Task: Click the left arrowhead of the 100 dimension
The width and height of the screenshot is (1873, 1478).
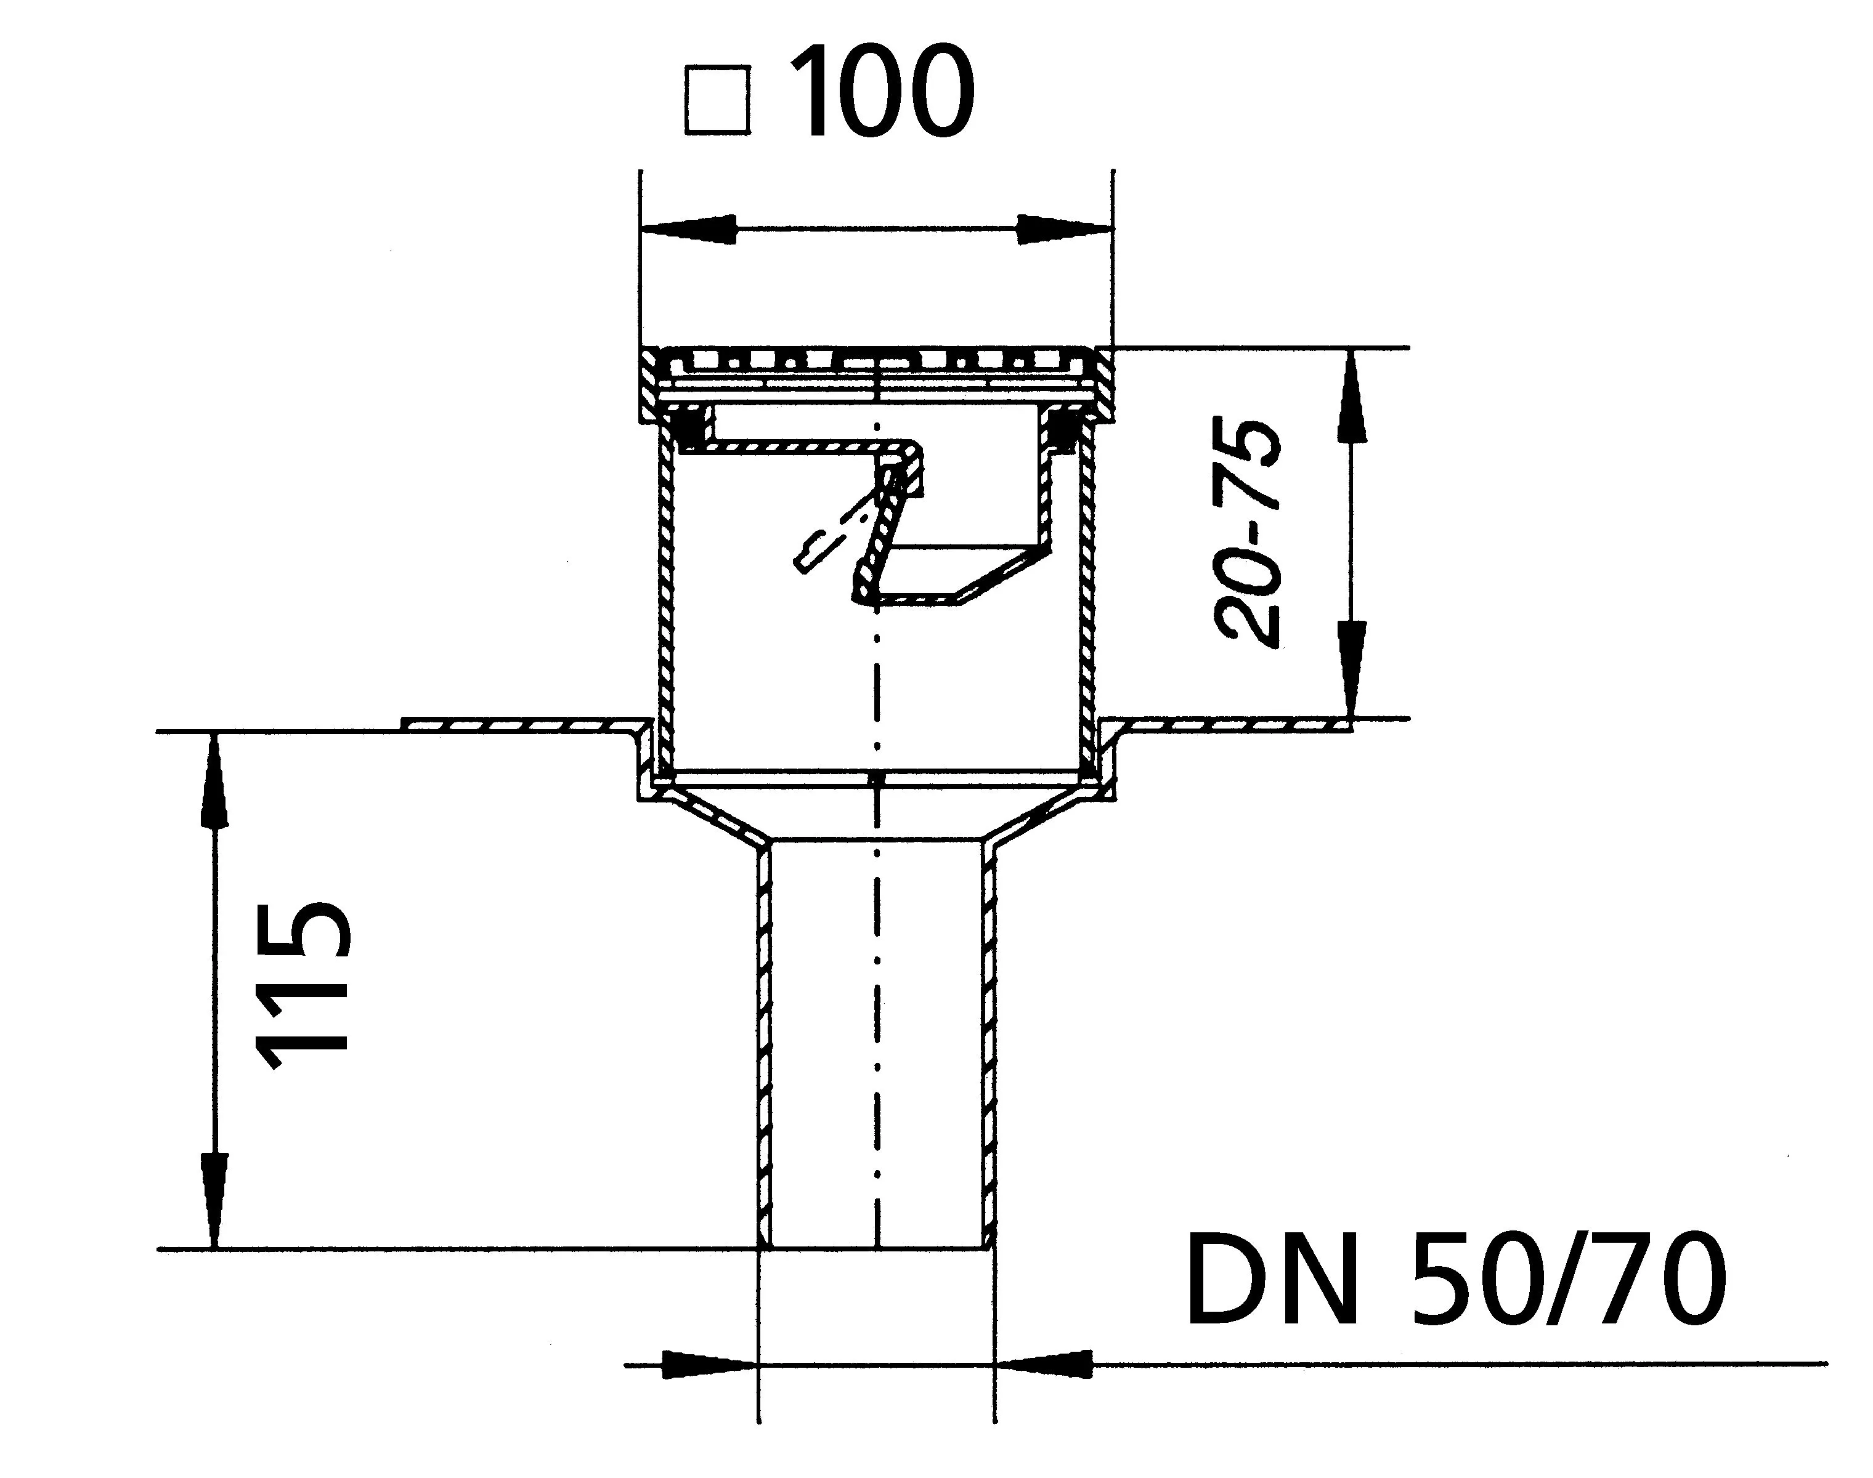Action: tap(689, 229)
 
